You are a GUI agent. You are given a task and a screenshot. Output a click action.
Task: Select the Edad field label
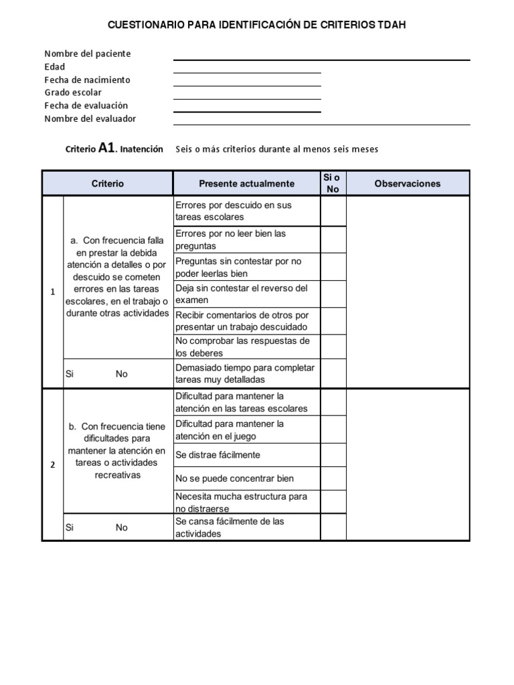(x=55, y=67)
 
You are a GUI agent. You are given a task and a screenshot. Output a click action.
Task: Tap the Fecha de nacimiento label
(x=87, y=80)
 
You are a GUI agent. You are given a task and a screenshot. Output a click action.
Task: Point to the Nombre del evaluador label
(x=90, y=118)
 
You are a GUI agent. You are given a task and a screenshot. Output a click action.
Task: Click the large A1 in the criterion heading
(x=107, y=149)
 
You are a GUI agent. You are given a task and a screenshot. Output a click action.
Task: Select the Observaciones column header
(x=408, y=183)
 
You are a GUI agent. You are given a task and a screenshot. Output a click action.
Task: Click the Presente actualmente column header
(x=246, y=183)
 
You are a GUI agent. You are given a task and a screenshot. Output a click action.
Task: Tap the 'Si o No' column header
(x=333, y=183)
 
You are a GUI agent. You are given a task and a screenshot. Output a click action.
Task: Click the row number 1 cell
(x=52, y=292)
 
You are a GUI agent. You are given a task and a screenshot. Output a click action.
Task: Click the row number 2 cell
(x=52, y=466)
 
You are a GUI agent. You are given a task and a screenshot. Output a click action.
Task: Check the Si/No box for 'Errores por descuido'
(x=333, y=211)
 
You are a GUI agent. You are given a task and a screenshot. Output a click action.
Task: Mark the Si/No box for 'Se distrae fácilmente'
(x=333, y=455)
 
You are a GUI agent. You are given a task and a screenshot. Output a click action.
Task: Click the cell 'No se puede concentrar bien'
(x=246, y=478)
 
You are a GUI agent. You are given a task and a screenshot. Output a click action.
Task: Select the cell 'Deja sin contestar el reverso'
(x=246, y=294)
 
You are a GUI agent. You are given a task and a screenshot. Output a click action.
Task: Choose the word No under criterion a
(x=121, y=374)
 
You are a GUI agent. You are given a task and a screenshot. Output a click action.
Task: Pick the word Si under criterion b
(x=69, y=527)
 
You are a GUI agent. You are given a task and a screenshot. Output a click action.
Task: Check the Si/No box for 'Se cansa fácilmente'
(x=333, y=528)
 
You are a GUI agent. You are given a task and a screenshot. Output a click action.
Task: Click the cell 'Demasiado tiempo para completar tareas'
(x=246, y=373)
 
